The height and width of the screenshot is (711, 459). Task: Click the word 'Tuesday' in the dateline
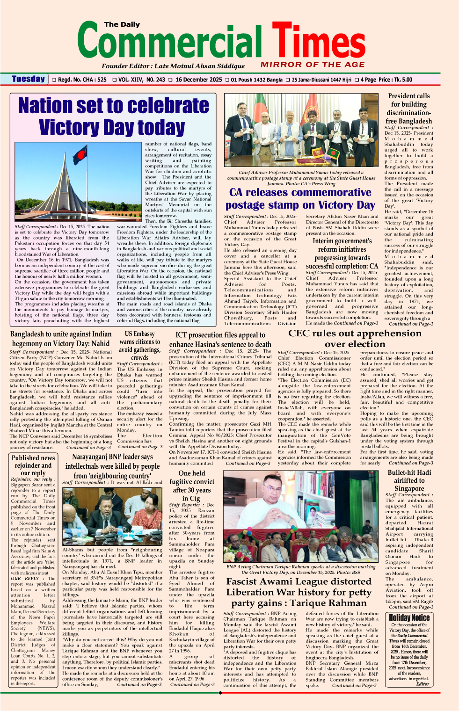pos(29,79)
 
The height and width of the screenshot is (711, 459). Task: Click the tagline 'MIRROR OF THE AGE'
pos(313,65)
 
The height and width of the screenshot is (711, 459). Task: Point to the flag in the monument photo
pos(80,155)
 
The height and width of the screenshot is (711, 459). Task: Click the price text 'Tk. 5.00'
pos(402,80)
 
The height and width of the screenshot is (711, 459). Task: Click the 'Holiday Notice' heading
pos(409,617)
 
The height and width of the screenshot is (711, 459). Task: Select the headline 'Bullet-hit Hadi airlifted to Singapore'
pos(409,480)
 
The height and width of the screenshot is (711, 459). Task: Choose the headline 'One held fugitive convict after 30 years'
pos(191,486)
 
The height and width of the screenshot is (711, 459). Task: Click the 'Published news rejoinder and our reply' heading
pos(33,465)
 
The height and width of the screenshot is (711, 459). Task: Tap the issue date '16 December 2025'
pos(198,80)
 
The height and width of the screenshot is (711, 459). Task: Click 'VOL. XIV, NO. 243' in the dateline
pos(141,80)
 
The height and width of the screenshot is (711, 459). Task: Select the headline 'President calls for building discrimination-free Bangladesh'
pos(408,109)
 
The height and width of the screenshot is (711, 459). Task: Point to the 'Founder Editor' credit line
pos(173,66)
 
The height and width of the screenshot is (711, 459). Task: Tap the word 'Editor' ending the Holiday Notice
pos(423,683)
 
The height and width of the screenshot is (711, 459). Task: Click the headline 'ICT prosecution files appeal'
pos(220,340)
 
